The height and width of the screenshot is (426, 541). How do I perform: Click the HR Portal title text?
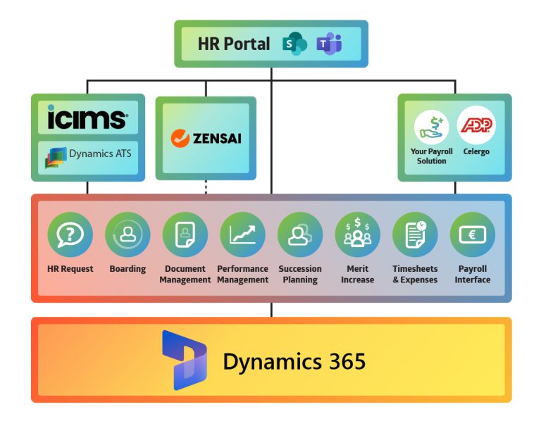(x=233, y=44)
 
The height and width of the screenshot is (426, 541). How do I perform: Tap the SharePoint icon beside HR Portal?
(x=294, y=44)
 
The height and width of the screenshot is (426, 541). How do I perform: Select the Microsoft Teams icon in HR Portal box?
(x=329, y=44)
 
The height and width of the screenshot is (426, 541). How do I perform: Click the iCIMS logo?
(x=87, y=118)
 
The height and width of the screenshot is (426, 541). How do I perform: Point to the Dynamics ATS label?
(x=99, y=154)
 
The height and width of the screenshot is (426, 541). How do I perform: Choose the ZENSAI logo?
(x=206, y=138)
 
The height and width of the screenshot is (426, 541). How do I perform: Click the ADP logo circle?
(x=477, y=125)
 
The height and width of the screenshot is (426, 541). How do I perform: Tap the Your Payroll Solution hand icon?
(x=431, y=127)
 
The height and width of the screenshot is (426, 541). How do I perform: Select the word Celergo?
(x=477, y=151)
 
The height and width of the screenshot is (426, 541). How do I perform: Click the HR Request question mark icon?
(x=70, y=234)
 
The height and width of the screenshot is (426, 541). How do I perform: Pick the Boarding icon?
(x=128, y=234)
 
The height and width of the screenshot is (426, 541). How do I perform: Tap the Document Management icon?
(x=185, y=234)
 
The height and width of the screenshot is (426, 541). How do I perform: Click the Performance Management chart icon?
(x=242, y=234)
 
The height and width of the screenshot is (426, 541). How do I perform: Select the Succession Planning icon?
(x=300, y=234)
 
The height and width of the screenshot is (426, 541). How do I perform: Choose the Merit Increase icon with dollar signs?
(x=357, y=234)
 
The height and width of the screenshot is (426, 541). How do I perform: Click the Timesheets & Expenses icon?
(x=415, y=234)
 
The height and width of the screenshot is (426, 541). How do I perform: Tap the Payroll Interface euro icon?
(x=472, y=234)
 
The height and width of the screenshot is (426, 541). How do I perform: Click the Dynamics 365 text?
(x=294, y=361)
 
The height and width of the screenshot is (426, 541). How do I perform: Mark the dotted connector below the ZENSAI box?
(x=206, y=187)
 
